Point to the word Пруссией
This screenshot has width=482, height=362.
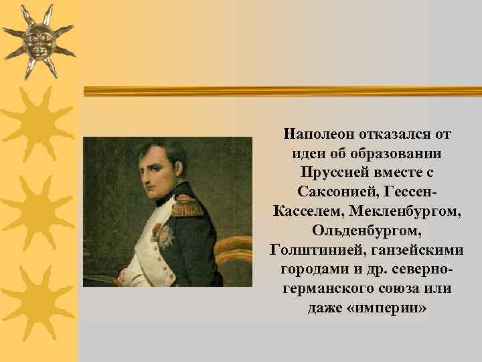(x=331, y=172)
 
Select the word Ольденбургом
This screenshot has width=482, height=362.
(x=367, y=231)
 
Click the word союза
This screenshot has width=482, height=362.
(x=401, y=290)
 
